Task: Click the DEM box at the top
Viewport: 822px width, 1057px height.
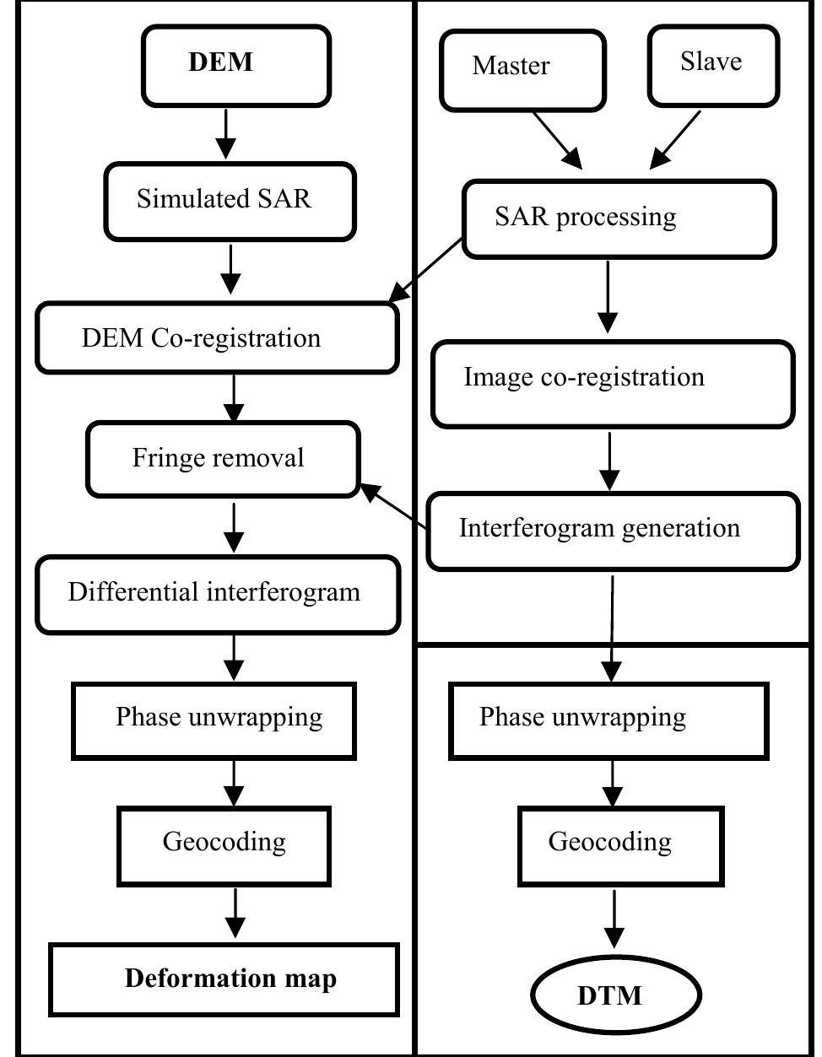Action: [235, 66]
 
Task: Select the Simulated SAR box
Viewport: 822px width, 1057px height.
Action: [230, 202]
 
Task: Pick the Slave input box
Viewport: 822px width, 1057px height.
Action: [713, 65]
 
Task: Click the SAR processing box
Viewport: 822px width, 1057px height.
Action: [619, 218]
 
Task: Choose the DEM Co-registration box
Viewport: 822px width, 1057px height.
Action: [217, 338]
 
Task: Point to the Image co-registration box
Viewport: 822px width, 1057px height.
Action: [613, 383]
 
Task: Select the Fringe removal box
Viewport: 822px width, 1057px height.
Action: [223, 459]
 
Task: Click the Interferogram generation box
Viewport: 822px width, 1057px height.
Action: [613, 531]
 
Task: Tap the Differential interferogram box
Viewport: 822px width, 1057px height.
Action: [217, 594]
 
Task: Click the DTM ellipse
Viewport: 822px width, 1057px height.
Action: [615, 995]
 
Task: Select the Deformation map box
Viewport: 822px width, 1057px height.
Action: [224, 979]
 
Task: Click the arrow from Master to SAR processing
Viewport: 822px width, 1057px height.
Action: [557, 139]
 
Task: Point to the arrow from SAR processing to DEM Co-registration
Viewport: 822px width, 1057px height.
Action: [426, 271]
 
